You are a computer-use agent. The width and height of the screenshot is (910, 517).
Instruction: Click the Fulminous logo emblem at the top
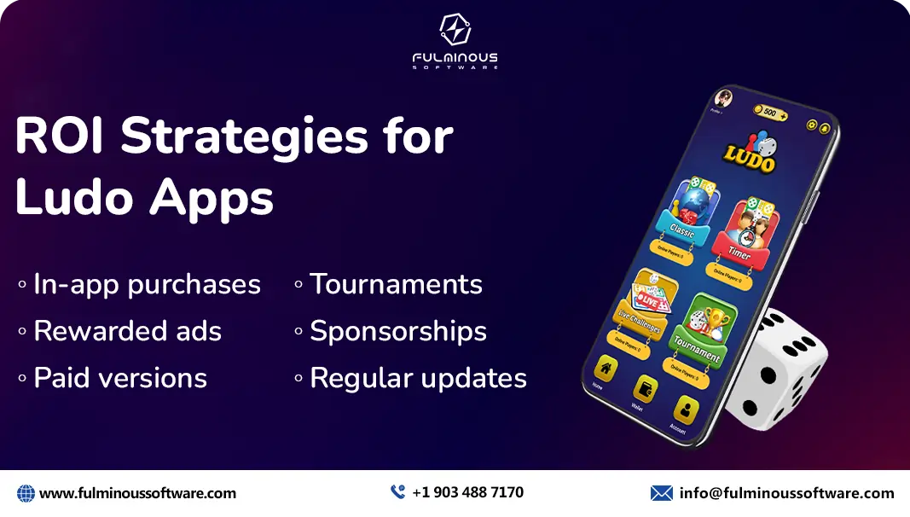click(455, 30)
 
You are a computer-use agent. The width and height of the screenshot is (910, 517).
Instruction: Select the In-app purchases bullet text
click(147, 284)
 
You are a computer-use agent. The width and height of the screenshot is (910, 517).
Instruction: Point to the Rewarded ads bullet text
click(127, 331)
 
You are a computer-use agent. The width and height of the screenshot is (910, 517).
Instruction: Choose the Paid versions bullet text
click(120, 378)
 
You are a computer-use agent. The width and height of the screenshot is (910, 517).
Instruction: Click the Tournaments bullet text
click(396, 284)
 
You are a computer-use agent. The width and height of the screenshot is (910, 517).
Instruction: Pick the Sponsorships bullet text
click(398, 331)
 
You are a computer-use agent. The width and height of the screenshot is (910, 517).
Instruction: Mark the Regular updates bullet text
click(418, 378)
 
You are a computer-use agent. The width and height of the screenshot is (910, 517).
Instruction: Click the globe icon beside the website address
click(26, 493)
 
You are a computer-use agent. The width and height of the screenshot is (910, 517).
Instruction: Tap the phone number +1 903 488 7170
click(467, 492)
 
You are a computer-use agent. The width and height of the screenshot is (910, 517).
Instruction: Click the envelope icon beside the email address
click(661, 493)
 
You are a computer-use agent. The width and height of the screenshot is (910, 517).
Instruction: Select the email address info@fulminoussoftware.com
click(786, 493)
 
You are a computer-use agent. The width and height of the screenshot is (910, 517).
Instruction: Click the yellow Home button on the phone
click(606, 371)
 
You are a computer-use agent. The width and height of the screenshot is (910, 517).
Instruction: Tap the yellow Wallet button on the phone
click(646, 392)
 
